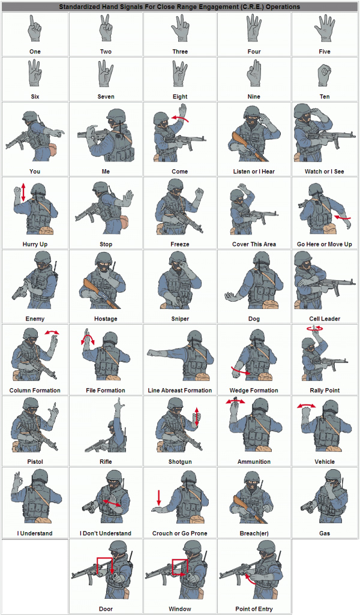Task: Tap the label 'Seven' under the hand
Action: (106, 97)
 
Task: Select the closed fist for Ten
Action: (325, 76)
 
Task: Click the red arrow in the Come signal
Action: (181, 117)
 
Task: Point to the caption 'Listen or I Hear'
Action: (254, 172)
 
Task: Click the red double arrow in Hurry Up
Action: (23, 192)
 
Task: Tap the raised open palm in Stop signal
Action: (127, 198)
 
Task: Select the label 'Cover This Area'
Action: (254, 244)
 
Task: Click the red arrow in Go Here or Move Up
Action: (341, 217)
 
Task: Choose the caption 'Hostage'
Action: (106, 319)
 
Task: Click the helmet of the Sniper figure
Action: (178, 258)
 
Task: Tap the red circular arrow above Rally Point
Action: (315, 329)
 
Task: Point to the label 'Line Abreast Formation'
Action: (180, 390)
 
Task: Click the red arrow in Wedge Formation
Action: (241, 371)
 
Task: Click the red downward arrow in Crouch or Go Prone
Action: (158, 497)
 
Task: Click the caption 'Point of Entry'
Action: (254, 609)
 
